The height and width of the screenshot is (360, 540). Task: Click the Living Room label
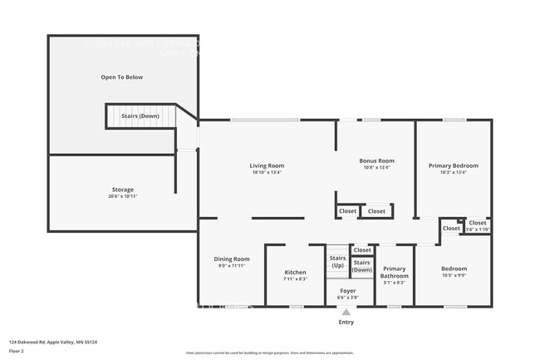click(267, 165)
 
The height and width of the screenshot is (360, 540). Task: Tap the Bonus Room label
click(376, 160)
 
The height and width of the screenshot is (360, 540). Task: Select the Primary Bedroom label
click(453, 165)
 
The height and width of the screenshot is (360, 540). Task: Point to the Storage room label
click(123, 190)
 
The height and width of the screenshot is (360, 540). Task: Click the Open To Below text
click(122, 77)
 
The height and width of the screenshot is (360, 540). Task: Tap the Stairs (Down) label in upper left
click(140, 116)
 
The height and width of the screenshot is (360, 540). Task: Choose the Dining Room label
click(232, 259)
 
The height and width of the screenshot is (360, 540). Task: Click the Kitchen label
click(295, 272)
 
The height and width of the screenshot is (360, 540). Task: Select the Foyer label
click(347, 290)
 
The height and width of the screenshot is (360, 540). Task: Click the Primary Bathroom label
click(395, 272)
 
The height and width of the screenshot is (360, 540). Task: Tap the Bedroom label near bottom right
click(454, 269)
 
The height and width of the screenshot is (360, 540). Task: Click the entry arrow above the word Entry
click(346, 313)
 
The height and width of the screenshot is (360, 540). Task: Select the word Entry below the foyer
click(346, 322)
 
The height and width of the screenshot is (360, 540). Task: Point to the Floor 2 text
click(17, 352)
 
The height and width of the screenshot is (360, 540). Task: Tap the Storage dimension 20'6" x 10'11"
click(123, 196)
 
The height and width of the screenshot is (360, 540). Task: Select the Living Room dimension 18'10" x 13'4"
click(267, 172)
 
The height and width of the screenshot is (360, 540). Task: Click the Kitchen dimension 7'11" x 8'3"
click(295, 279)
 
